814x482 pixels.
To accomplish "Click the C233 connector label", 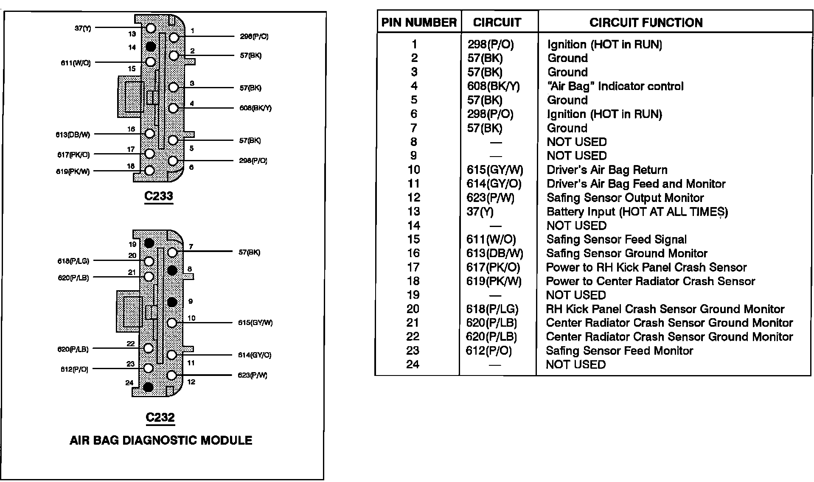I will click(158, 196).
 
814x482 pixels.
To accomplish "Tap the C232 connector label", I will click(160, 418).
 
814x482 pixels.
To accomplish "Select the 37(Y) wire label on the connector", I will click(82, 28).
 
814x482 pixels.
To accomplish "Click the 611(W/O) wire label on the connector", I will click(76, 63).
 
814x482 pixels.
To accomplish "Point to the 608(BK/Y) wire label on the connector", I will click(255, 108).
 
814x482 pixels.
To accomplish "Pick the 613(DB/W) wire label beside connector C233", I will click(73, 135).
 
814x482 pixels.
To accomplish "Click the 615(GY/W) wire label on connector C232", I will click(255, 323).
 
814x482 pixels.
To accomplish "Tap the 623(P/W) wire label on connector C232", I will click(253, 376).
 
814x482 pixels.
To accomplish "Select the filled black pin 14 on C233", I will click(151, 46).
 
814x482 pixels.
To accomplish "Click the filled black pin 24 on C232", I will click(148, 387).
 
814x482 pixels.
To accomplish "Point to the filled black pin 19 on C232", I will click(149, 243).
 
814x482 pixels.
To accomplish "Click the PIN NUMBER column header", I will click(419, 22).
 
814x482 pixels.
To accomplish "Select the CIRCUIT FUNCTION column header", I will click(646, 22).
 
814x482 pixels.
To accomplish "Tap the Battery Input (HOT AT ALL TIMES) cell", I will click(637, 212).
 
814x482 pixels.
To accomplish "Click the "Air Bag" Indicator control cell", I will click(615, 87).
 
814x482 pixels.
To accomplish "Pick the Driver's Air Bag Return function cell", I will click(607, 170).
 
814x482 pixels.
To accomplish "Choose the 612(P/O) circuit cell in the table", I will click(489, 351).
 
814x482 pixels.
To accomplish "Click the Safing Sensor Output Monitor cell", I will click(625, 198).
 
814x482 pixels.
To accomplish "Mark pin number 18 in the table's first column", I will click(413, 281).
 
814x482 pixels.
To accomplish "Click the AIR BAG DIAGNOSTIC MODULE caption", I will click(161, 440).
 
